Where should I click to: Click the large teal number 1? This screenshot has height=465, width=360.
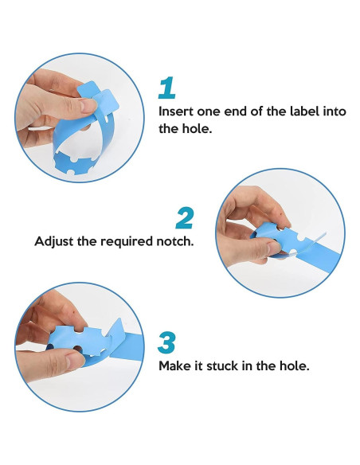(167, 88)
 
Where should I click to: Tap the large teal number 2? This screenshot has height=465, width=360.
(185, 218)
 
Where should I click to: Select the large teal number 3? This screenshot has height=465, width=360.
(167, 343)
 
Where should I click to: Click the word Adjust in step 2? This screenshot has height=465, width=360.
(54, 241)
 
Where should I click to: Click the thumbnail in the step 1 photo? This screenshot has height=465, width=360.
(88, 106)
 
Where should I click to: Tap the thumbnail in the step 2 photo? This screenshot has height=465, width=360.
(274, 248)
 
